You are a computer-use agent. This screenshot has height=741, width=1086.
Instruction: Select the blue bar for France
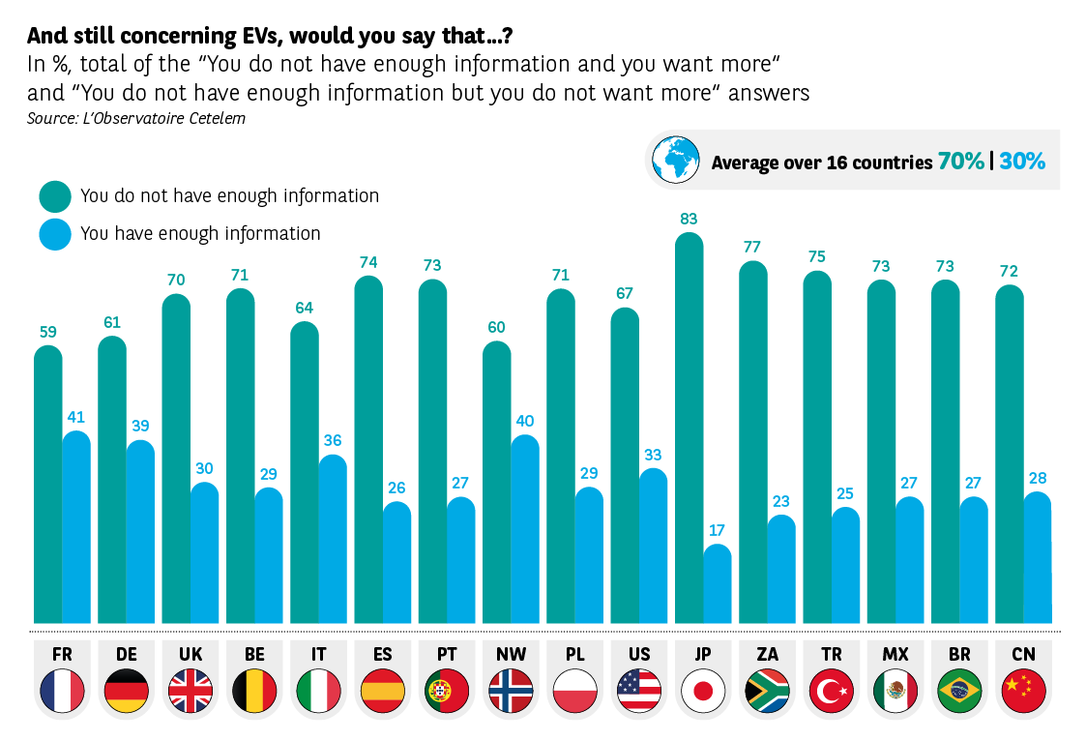(76, 527)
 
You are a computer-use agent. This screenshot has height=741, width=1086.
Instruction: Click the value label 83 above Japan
(689, 219)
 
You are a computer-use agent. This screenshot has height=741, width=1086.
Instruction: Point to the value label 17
(717, 530)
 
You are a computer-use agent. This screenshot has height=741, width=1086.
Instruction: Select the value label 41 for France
(76, 417)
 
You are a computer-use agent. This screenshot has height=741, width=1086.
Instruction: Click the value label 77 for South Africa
(752, 247)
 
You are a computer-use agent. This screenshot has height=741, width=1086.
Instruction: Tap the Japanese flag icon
(703, 691)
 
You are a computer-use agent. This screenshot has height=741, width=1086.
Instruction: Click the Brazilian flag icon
(959, 691)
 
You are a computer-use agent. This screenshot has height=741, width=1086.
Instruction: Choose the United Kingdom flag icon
(191, 691)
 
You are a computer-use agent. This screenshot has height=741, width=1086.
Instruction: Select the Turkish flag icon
(831, 691)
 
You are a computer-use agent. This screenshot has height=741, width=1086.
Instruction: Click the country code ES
(382, 654)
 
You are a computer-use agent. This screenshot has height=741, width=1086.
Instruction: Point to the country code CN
(1023, 654)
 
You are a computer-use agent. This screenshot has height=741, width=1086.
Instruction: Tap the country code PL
(574, 654)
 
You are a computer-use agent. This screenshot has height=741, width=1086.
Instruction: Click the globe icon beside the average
(675, 160)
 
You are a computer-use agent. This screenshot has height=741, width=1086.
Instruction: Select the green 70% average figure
(960, 162)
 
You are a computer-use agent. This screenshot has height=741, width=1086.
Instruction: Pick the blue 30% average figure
(1022, 162)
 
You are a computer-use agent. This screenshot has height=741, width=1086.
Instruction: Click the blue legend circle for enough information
(55, 234)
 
